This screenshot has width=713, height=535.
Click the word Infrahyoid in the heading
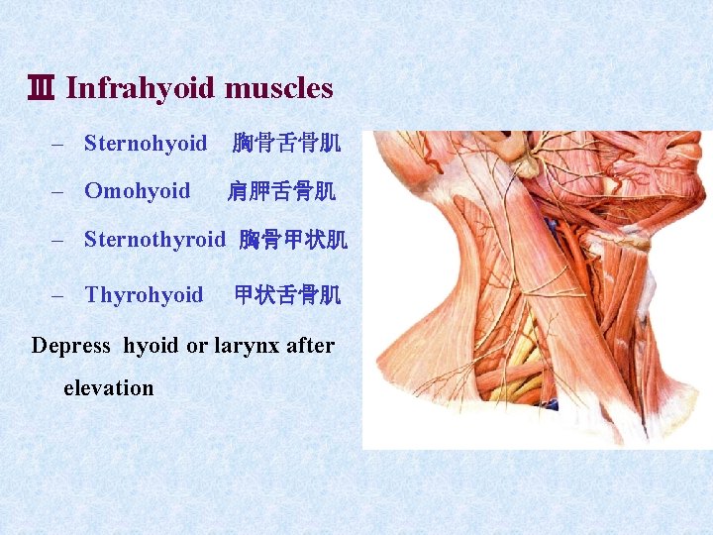[x=141, y=88]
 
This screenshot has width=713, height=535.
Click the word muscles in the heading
[x=278, y=88]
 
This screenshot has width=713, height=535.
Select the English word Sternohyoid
[x=146, y=144]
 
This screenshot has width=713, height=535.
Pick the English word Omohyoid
[x=137, y=190]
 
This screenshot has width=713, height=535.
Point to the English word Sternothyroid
[x=154, y=239]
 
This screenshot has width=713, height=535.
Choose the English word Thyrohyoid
[x=144, y=294]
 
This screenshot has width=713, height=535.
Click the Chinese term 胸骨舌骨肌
[x=286, y=144]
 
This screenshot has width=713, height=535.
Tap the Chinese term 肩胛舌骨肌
[x=281, y=190]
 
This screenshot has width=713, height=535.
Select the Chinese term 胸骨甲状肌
[x=293, y=239]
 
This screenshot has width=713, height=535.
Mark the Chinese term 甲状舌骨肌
[x=287, y=294]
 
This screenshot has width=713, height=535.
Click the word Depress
[x=71, y=346]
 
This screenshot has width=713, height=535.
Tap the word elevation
[x=108, y=387]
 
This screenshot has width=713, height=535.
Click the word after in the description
[x=310, y=346]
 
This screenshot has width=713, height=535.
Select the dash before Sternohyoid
[x=57, y=144]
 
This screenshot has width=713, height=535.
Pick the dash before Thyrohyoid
[x=57, y=294]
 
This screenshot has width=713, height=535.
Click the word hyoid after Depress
[x=152, y=346]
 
